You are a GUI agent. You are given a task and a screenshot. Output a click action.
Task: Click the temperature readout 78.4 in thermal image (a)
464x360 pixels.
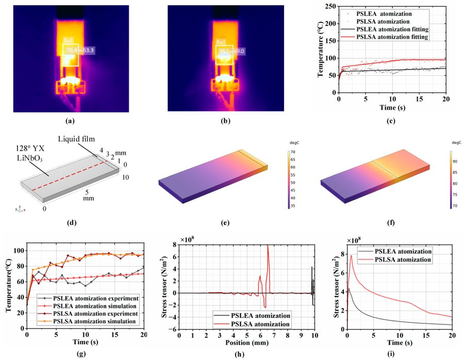pyautogui.click(x=71, y=51)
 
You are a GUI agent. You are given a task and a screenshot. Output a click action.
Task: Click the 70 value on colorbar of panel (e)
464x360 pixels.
pyautogui.click(x=292, y=153)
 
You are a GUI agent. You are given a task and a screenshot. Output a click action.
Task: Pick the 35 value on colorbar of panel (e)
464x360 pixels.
pyautogui.click(x=292, y=206)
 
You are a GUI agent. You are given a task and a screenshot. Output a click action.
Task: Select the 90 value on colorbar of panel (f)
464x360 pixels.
pyautogui.click(x=455, y=161)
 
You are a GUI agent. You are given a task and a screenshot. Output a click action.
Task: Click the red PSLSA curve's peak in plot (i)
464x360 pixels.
pyautogui.click(x=351, y=255)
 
